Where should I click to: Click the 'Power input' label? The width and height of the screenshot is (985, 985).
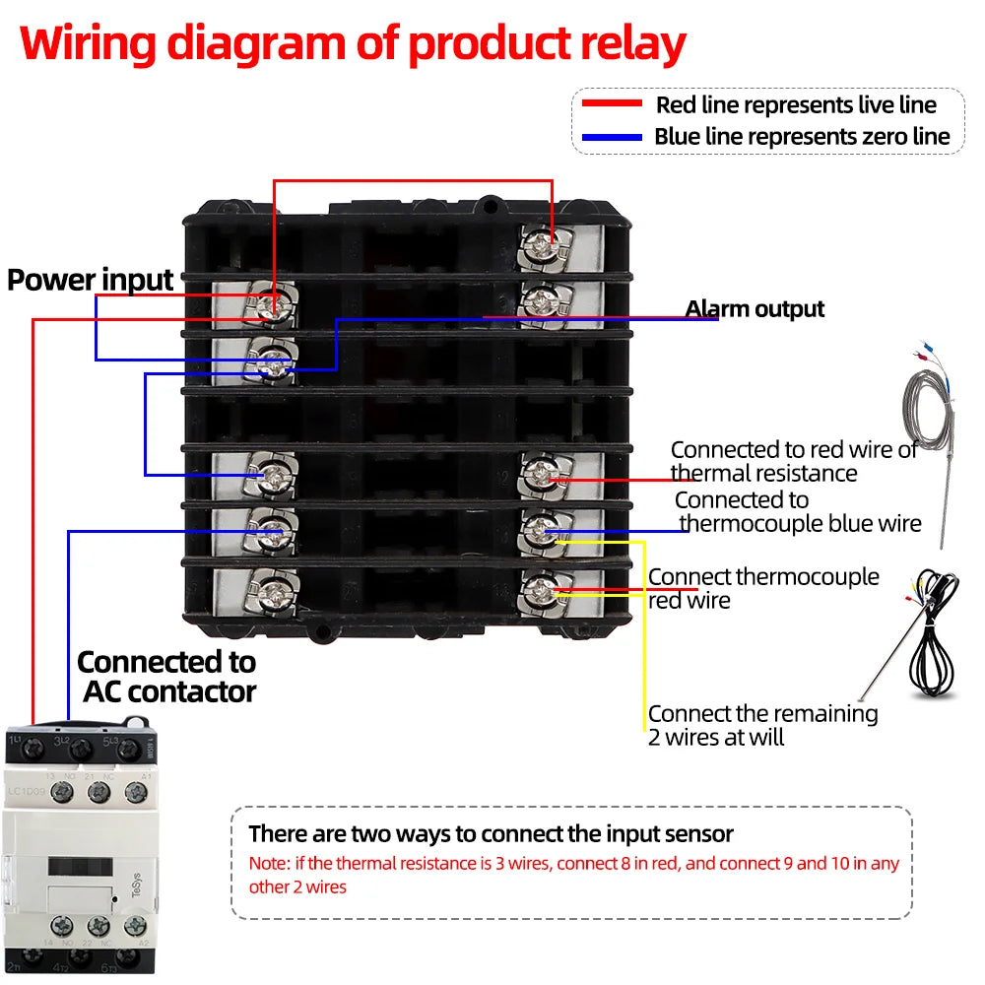91,280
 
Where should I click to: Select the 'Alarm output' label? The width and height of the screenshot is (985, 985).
755,309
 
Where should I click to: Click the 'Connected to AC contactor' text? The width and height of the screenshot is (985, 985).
166,676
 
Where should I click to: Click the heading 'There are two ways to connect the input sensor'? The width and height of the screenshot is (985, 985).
491,834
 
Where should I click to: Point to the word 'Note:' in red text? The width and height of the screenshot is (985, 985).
267,864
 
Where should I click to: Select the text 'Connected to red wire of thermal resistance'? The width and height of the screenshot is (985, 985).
793,461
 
